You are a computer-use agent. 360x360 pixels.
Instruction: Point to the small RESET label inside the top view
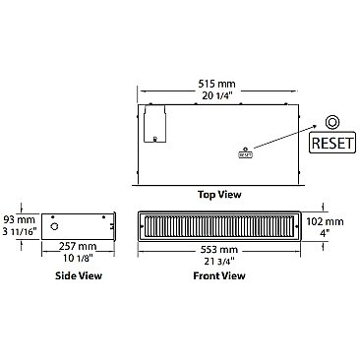244,153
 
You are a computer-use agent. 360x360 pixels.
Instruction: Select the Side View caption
78,276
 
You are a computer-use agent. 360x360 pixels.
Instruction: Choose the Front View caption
219,276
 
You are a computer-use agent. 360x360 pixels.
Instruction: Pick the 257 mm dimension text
78,245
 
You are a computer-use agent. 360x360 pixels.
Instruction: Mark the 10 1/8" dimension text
78,258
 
